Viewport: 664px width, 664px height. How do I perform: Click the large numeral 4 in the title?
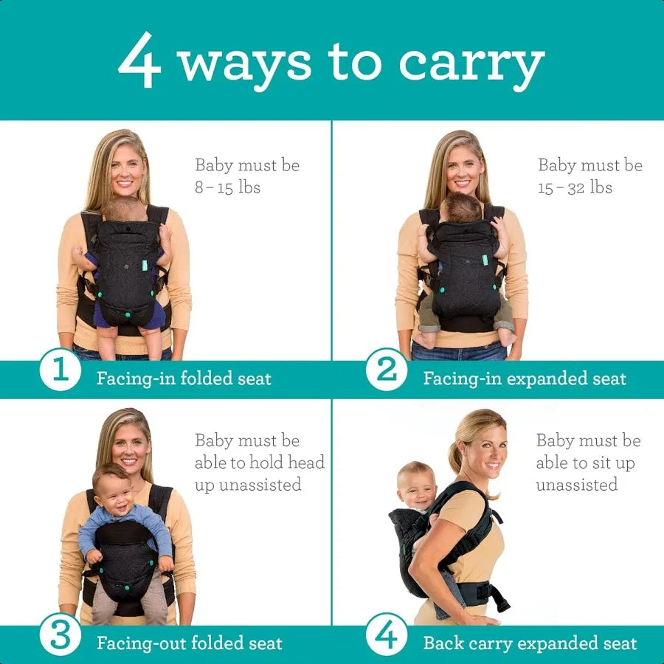point(139,60)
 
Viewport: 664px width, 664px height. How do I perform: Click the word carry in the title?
point(471,64)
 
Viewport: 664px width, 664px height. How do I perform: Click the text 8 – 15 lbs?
point(227,187)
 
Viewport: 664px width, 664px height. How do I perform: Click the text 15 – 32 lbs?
point(575,187)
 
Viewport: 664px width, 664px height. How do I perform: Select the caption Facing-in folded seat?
point(184,379)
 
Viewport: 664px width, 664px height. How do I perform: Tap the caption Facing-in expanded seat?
point(524,379)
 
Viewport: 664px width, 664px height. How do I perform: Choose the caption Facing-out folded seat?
point(189,643)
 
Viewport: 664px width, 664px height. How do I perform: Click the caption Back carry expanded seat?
point(529,643)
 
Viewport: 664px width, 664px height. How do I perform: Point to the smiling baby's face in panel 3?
point(114,489)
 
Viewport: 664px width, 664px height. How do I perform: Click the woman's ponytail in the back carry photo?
point(456,446)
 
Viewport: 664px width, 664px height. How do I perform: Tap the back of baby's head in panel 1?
point(124,209)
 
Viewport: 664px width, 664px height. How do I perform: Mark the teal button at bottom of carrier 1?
point(128,315)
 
